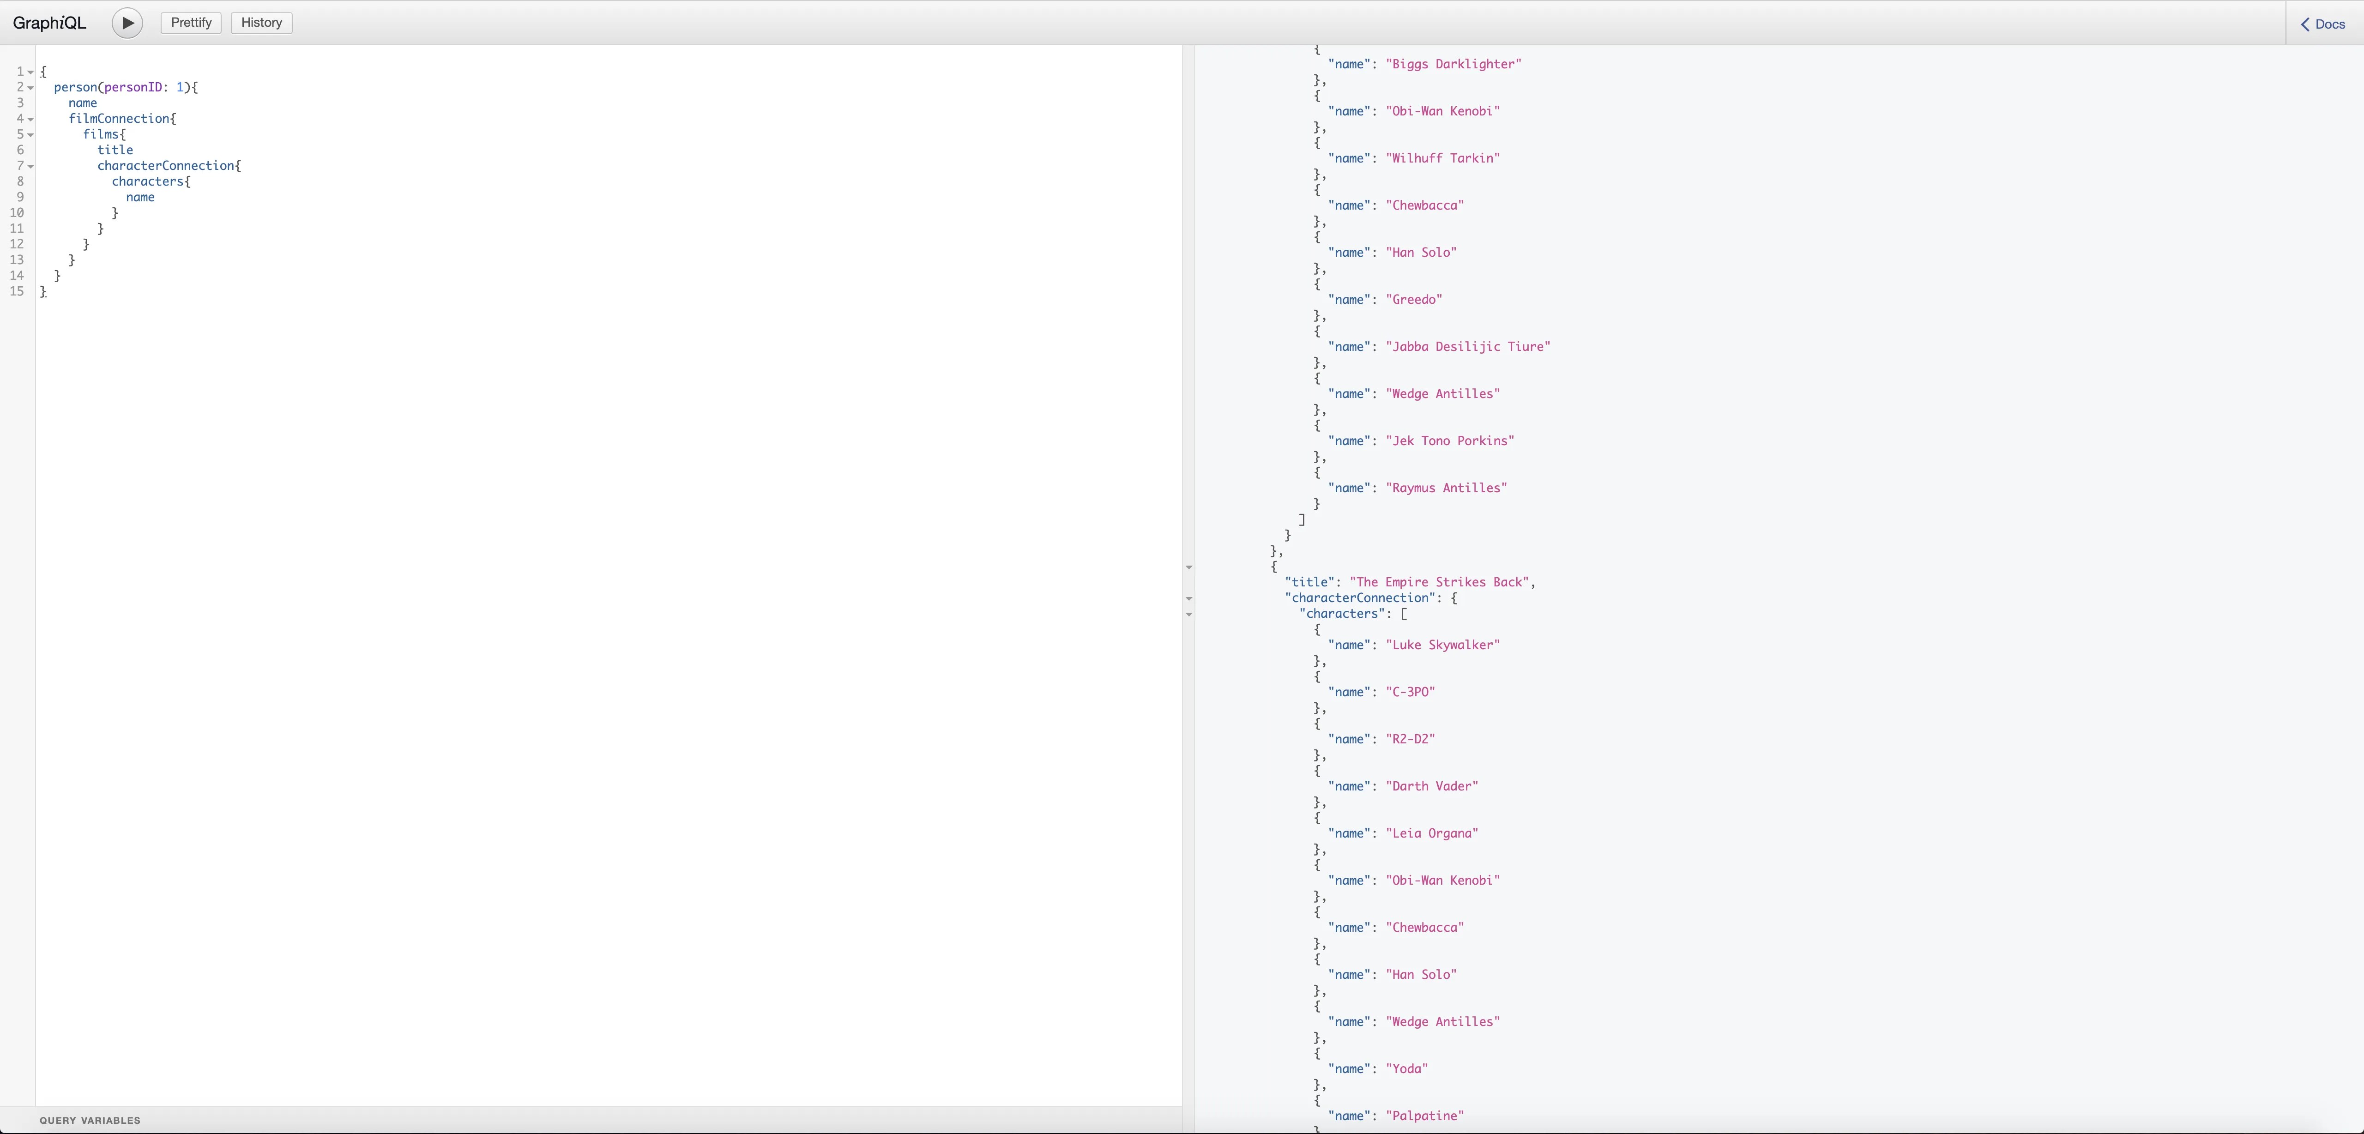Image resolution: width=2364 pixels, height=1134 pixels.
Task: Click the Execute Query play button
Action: coord(127,23)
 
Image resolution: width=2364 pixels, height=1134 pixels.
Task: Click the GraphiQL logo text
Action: coord(49,23)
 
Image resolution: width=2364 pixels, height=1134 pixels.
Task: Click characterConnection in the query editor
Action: coord(166,165)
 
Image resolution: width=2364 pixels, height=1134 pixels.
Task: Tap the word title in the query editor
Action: coord(115,150)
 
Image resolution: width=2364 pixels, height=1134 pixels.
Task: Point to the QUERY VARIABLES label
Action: coord(90,1120)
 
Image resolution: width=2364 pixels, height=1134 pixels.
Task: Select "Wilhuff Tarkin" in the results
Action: coord(1442,158)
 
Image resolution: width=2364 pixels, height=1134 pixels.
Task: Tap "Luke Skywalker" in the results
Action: coord(1442,645)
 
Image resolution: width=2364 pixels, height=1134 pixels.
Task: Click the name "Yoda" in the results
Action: coord(1407,1069)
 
